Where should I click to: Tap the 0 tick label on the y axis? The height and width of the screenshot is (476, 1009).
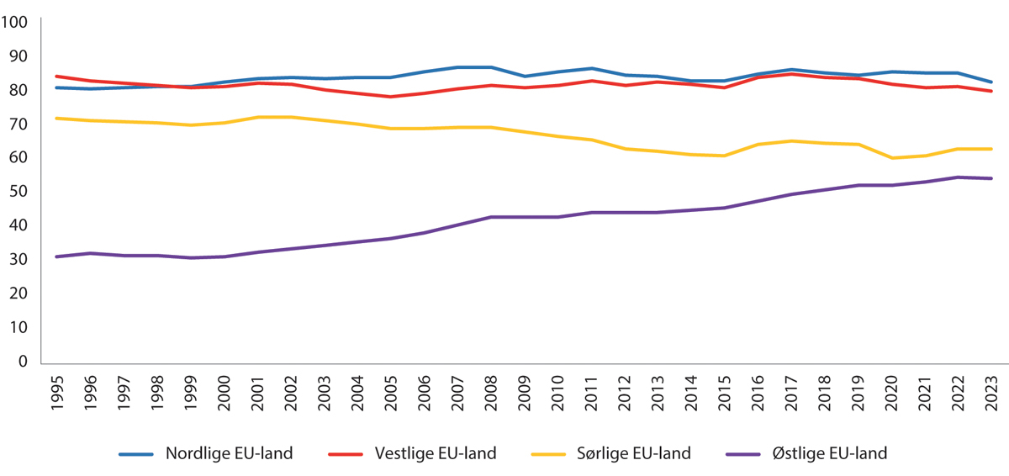pyautogui.click(x=24, y=361)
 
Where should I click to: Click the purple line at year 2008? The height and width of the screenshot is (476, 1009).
pyautogui.click(x=490, y=217)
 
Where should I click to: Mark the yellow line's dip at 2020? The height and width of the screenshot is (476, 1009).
pyautogui.click(x=890, y=158)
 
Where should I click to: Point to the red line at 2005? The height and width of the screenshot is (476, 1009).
pyautogui.click(x=390, y=97)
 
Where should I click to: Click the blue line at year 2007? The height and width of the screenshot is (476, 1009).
pyautogui.click(x=457, y=67)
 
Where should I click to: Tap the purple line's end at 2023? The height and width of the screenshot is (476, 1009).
pyautogui.click(x=991, y=178)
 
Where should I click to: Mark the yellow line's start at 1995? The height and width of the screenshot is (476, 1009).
pyautogui.click(x=56, y=119)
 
